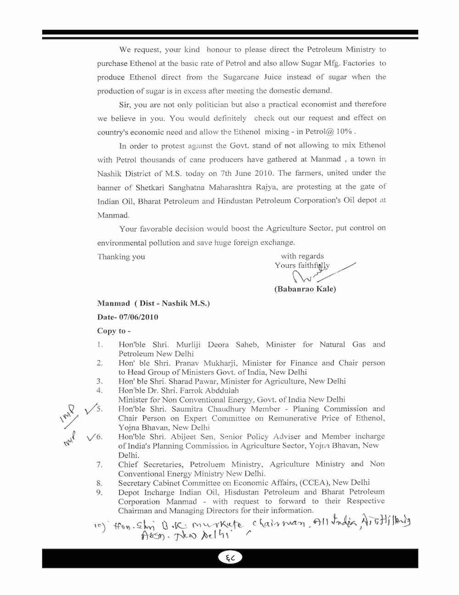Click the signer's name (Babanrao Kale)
[305, 289]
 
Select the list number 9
[99, 492]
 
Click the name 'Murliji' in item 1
[188, 344]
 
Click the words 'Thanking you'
[121, 257]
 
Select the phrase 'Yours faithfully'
[302, 265]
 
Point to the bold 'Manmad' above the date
[113, 303]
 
